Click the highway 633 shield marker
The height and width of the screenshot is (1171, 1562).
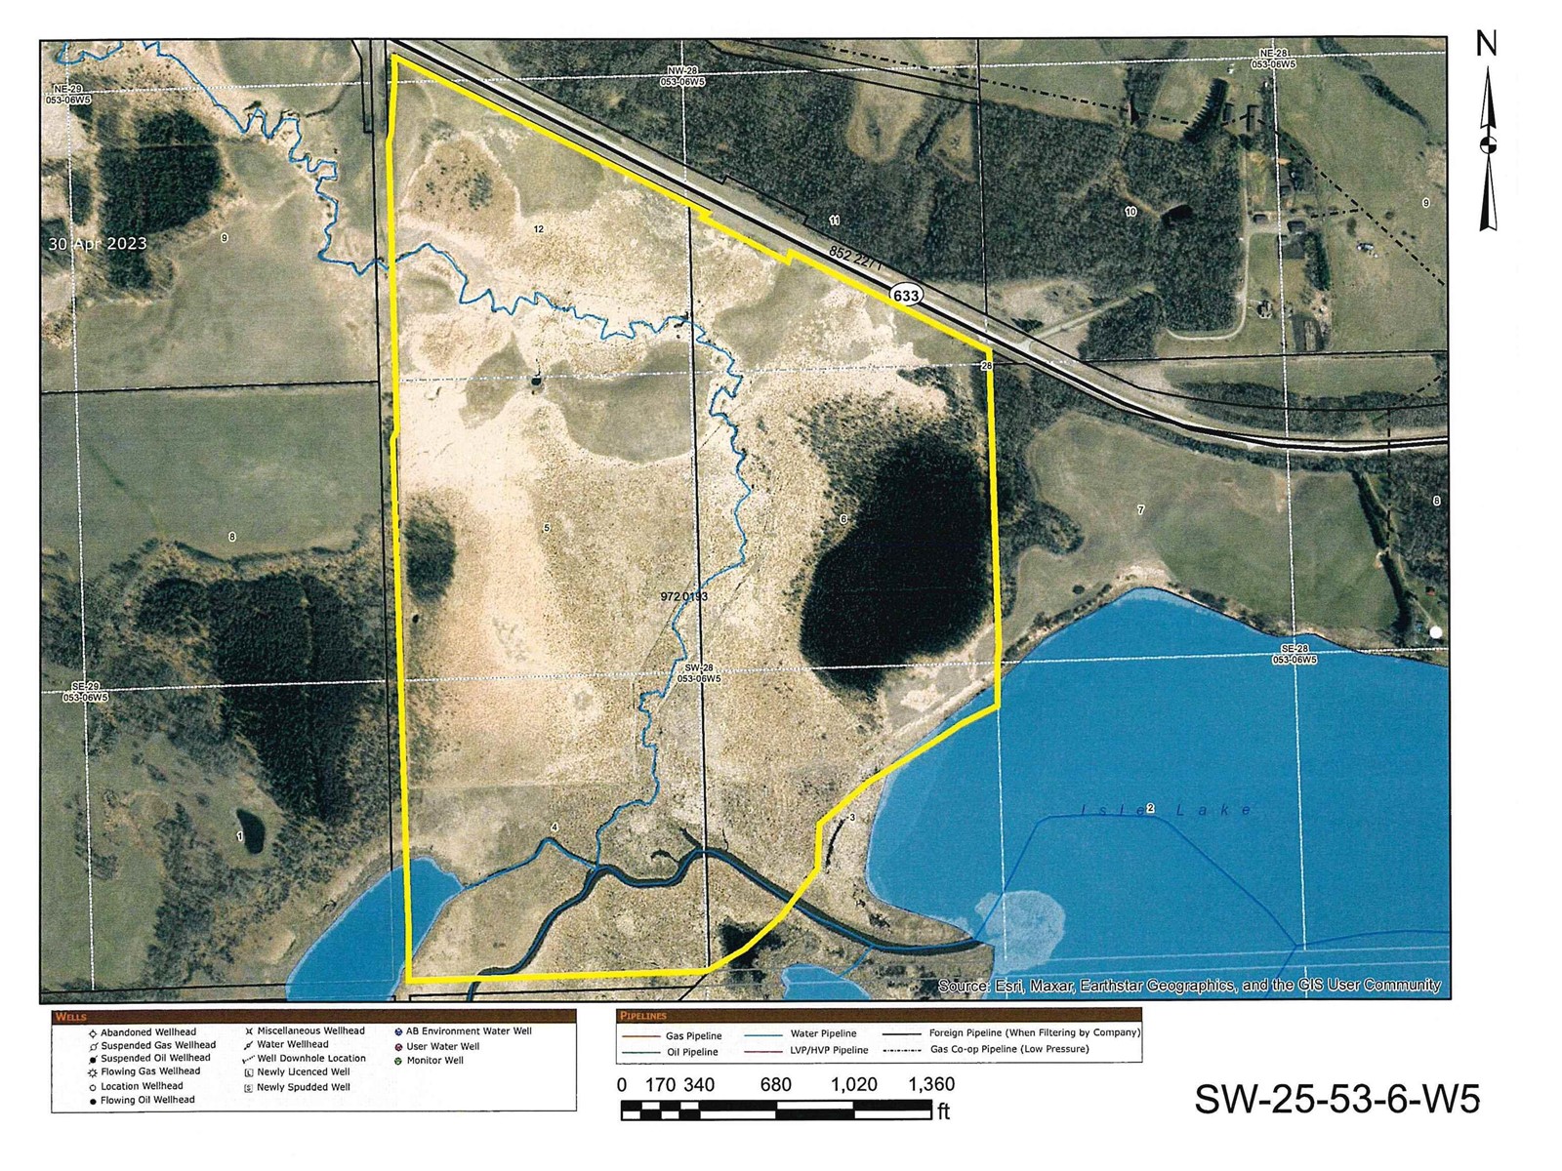pyautogui.click(x=906, y=294)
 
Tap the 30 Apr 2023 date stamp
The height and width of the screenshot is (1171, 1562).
pyautogui.click(x=98, y=244)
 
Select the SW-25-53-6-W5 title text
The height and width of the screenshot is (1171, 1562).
pyautogui.click(x=1336, y=1099)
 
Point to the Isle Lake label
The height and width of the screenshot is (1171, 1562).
pyautogui.click(x=1167, y=810)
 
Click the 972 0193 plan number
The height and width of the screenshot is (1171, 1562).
pyautogui.click(x=683, y=595)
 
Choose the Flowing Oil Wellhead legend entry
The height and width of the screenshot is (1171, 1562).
pyautogui.click(x=147, y=1100)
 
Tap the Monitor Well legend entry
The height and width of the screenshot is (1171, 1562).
pyautogui.click(x=434, y=1060)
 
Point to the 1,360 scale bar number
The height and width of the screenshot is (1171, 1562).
pyautogui.click(x=931, y=1084)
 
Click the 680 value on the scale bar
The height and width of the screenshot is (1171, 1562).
pyautogui.click(x=776, y=1084)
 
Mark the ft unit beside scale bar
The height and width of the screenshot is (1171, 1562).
pyautogui.click(x=943, y=1111)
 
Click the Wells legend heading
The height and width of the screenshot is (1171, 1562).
pyautogui.click(x=71, y=1017)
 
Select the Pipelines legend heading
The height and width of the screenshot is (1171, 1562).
pyautogui.click(x=643, y=1016)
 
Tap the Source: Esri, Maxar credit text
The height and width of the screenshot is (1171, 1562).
pyautogui.click(x=1189, y=986)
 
